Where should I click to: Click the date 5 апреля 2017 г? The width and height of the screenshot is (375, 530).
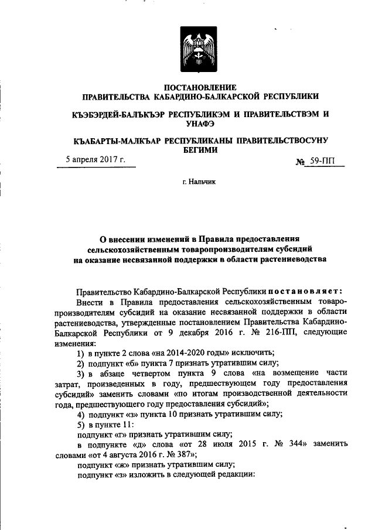tap(96, 160)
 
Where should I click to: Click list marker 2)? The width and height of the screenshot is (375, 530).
tap(82, 364)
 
